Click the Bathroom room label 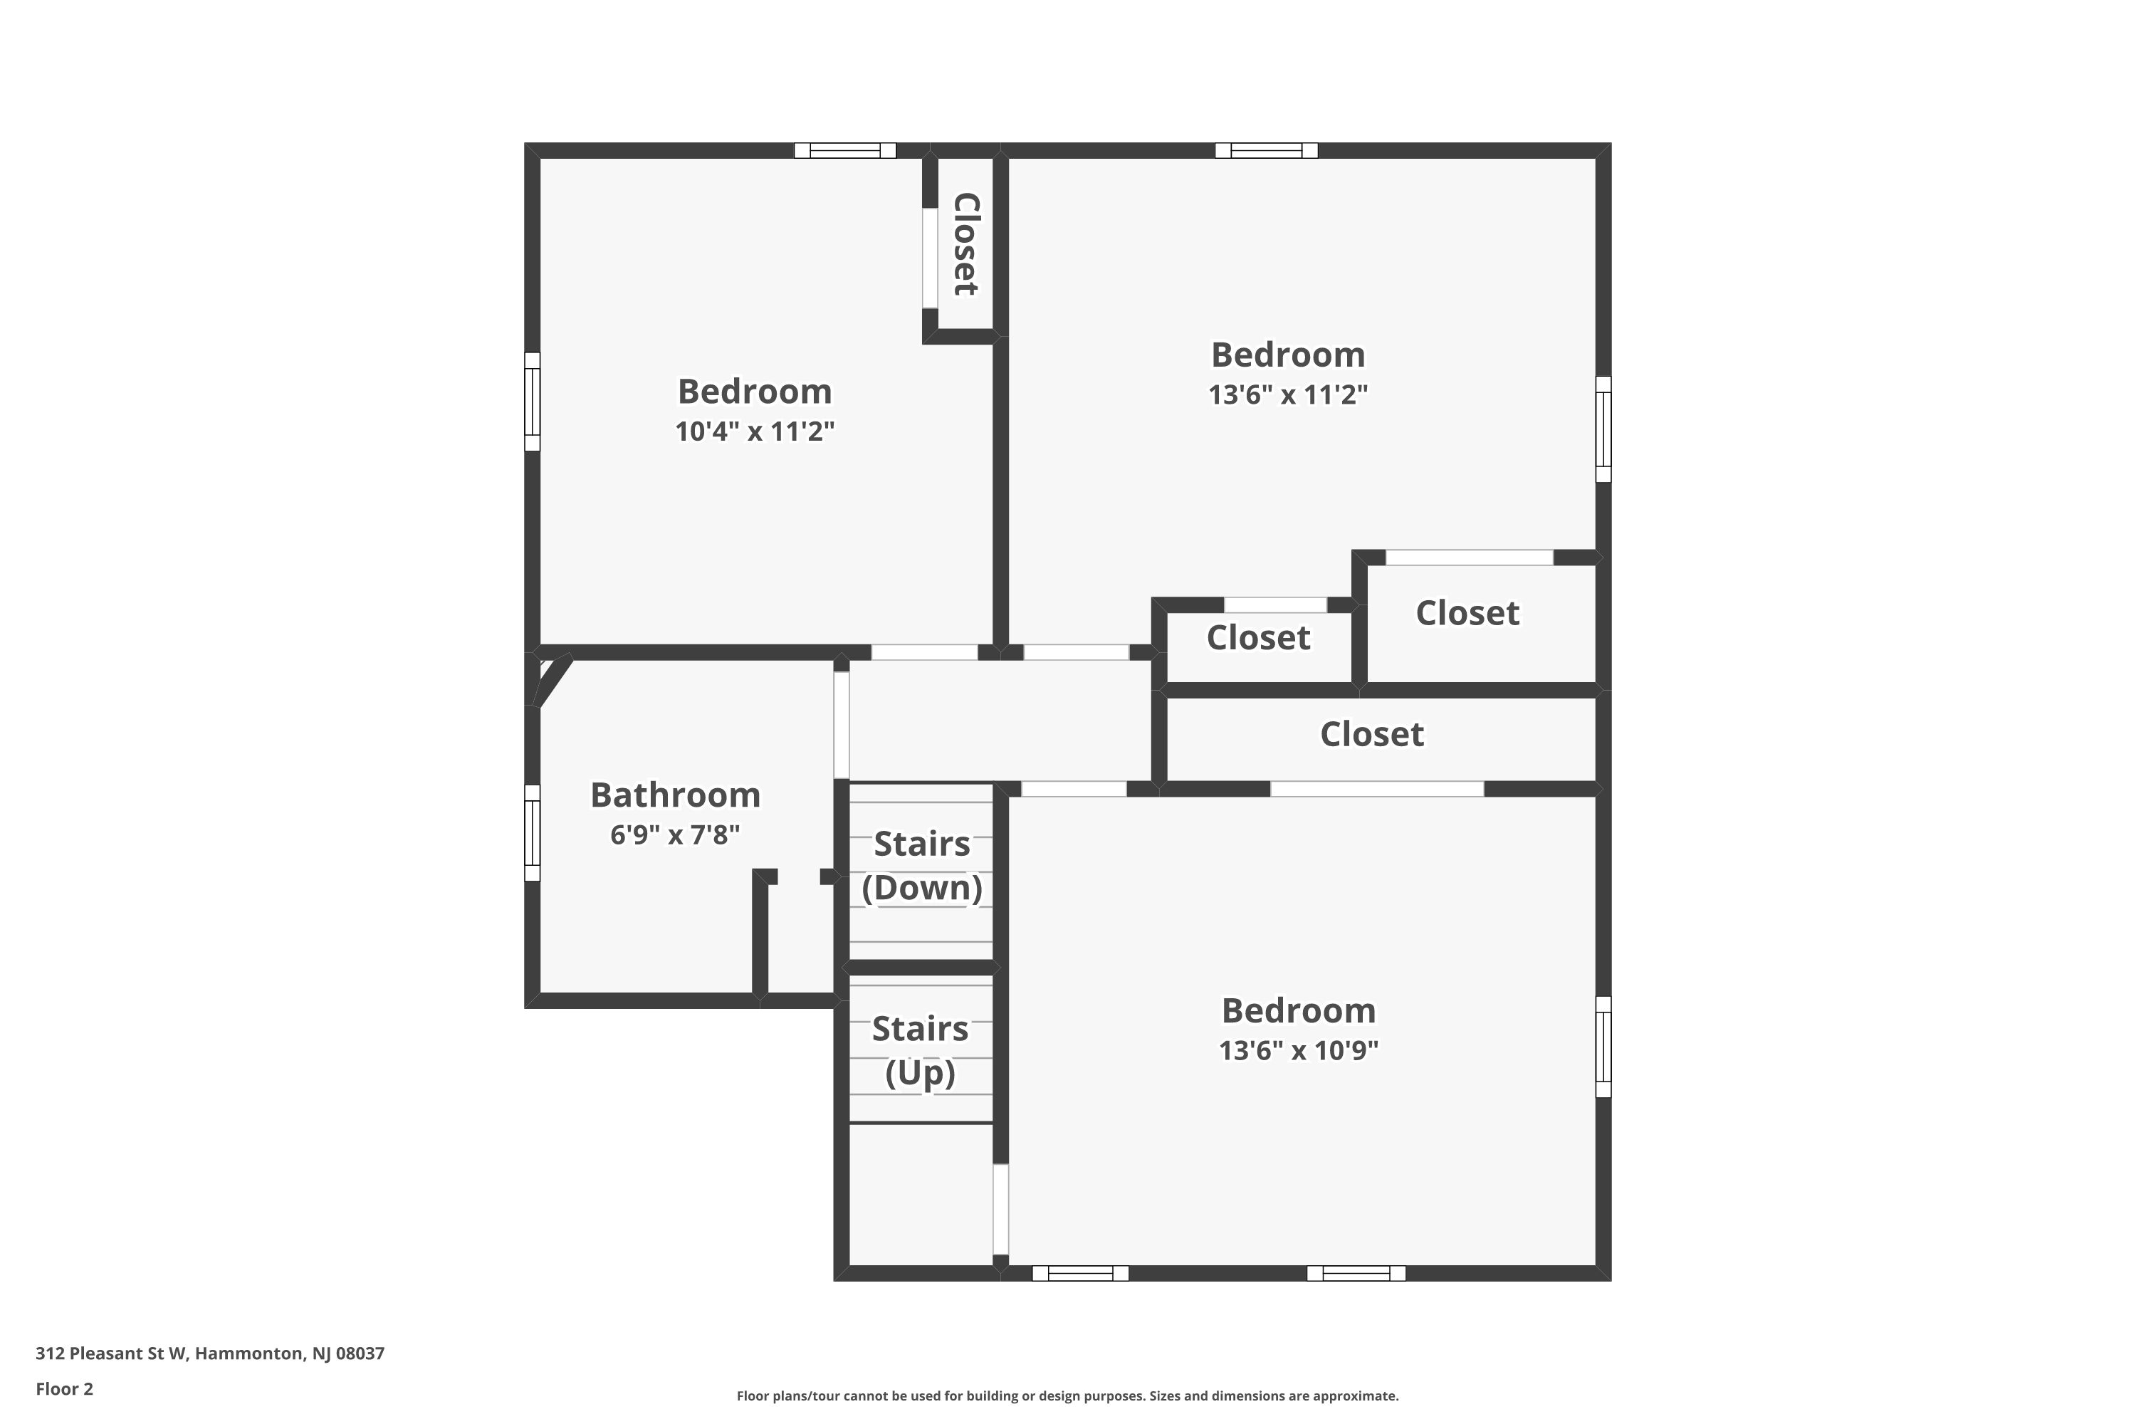pos(675,795)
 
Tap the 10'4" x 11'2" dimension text pos(754,431)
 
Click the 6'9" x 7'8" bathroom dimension pos(675,834)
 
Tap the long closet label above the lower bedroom pos(1371,734)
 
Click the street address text pos(210,1354)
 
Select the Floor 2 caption pos(65,1388)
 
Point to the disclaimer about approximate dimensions pos(1067,1396)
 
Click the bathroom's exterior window pos(532,833)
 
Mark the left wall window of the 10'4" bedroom pos(532,402)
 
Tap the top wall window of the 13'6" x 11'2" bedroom pos(1266,151)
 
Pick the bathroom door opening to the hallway pos(841,724)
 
